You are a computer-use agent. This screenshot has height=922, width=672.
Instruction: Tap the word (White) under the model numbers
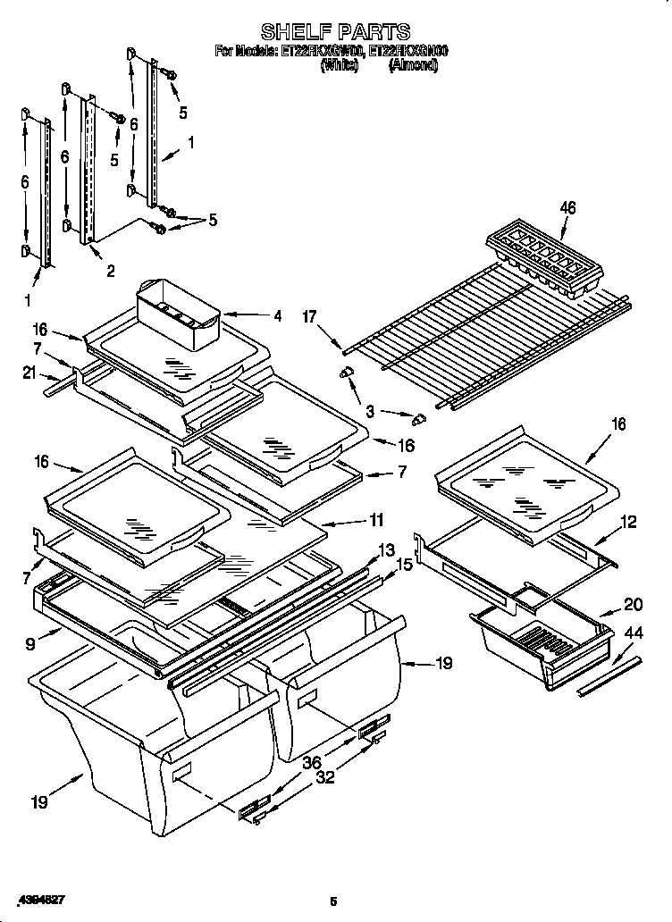339,65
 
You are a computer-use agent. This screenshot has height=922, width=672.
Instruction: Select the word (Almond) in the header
413,65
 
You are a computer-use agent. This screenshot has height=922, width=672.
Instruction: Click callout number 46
567,208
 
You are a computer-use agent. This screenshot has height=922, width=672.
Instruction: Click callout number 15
404,565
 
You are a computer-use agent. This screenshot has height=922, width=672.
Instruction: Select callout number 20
634,603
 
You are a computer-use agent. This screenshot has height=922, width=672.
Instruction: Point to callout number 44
633,633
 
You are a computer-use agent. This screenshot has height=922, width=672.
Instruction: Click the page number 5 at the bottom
332,901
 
